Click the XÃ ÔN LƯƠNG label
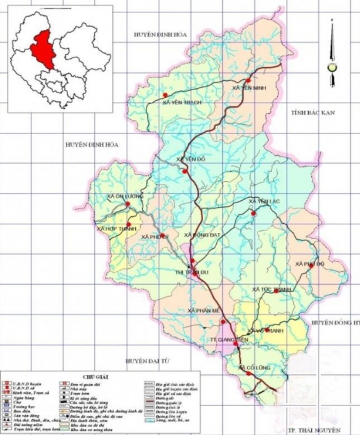[126, 196]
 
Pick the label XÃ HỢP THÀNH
[116, 229]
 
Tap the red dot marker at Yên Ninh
[248, 80]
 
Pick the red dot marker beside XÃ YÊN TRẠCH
[165, 95]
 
